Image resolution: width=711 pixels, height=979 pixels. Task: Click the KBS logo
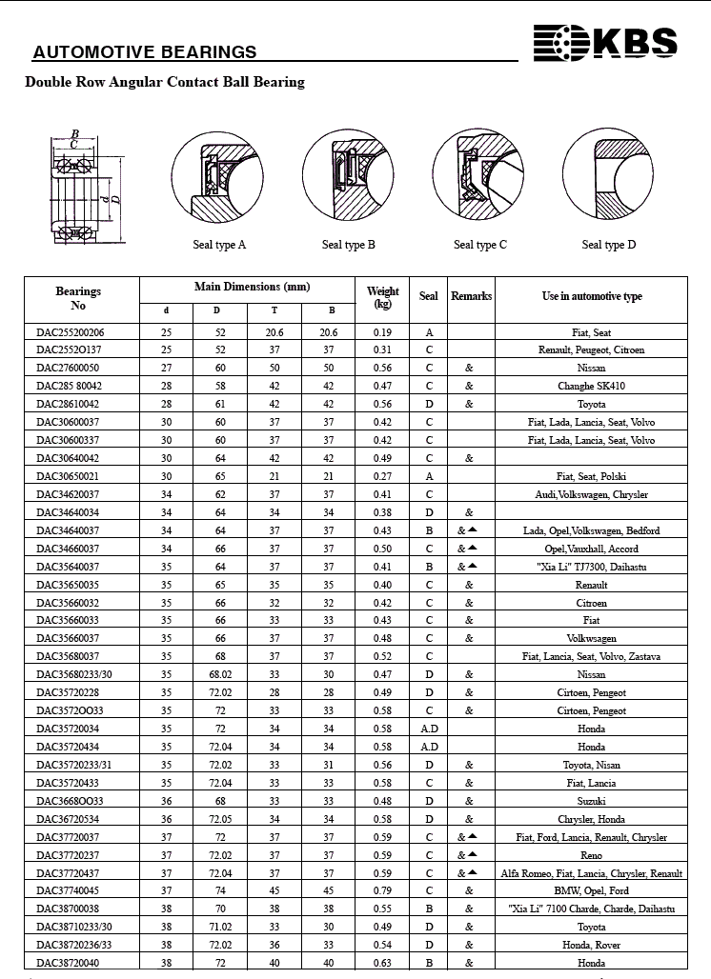pyautogui.click(x=605, y=43)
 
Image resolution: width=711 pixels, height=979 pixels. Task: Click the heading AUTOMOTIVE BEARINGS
pyautogui.click(x=145, y=52)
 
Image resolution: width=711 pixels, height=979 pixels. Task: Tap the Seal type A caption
pyautogui.click(x=219, y=245)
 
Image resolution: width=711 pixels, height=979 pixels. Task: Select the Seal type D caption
pyautogui.click(x=609, y=245)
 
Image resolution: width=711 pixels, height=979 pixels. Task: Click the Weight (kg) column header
pyautogui.click(x=383, y=297)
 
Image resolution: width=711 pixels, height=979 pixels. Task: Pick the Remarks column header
pyautogui.click(x=471, y=296)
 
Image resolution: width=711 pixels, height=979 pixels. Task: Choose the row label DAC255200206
pyautogui.click(x=71, y=332)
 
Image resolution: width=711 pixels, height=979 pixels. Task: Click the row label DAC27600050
pyautogui.click(x=68, y=369)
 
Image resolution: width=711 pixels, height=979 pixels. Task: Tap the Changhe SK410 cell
pyautogui.click(x=591, y=387)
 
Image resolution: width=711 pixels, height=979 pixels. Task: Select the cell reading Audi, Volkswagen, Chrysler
pyautogui.click(x=591, y=495)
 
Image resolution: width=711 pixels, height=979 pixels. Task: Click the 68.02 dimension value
pyautogui.click(x=221, y=675)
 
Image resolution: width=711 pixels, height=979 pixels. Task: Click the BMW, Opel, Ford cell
pyautogui.click(x=591, y=891)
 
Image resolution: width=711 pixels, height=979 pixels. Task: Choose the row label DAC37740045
pyautogui.click(x=68, y=891)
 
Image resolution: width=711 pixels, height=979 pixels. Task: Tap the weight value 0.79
pyautogui.click(x=383, y=891)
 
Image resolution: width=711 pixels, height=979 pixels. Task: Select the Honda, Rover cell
pyautogui.click(x=591, y=946)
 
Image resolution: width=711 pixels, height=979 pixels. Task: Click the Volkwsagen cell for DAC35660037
pyautogui.click(x=591, y=639)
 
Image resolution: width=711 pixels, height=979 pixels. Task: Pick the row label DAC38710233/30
pyautogui.click(x=74, y=928)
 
